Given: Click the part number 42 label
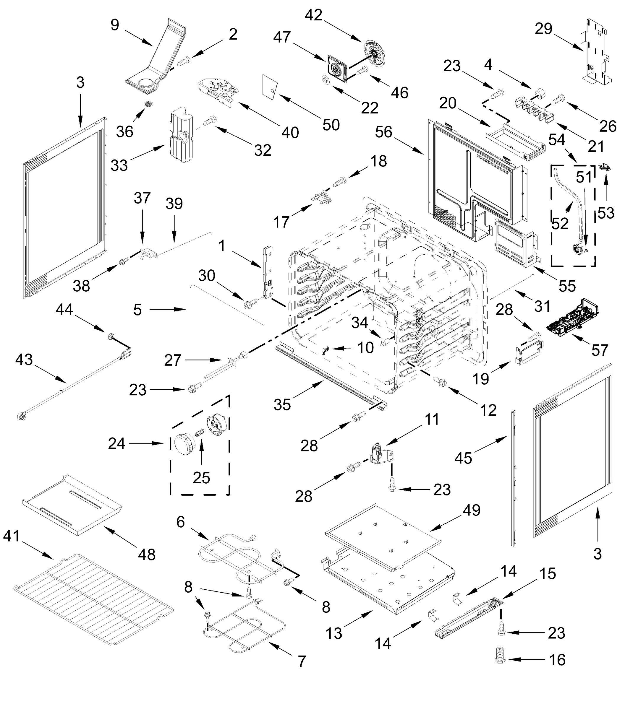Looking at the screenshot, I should [x=314, y=15].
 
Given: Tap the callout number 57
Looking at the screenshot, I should [x=600, y=350].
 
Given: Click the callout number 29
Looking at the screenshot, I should [x=543, y=28].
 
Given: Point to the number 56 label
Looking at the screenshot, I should [x=383, y=132].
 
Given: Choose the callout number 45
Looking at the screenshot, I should [x=463, y=458].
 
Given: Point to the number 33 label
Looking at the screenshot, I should [x=119, y=165].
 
